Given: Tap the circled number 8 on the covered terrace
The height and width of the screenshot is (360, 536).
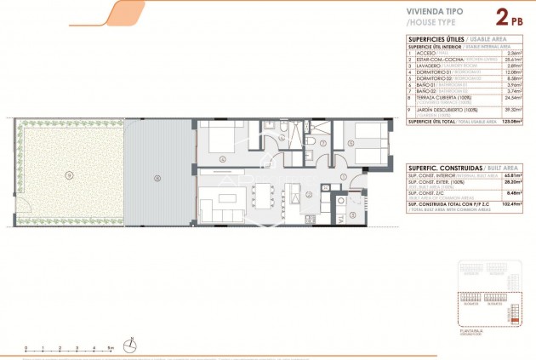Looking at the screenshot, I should [x=157, y=178].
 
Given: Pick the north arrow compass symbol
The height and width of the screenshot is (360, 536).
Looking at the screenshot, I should [x=130, y=345].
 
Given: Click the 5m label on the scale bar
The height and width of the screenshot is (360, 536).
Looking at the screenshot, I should [x=111, y=348].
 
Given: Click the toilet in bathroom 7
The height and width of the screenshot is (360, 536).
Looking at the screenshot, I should [x=312, y=142].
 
